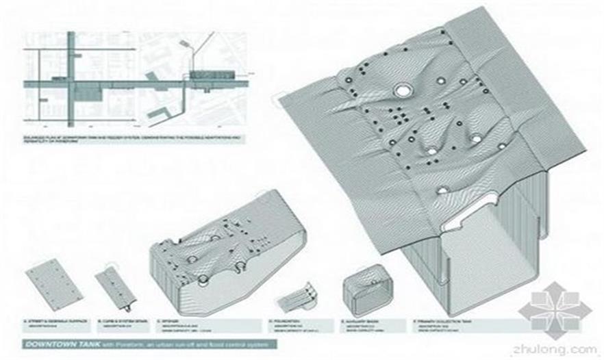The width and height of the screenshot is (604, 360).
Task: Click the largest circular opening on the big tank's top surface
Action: (x=401, y=91)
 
